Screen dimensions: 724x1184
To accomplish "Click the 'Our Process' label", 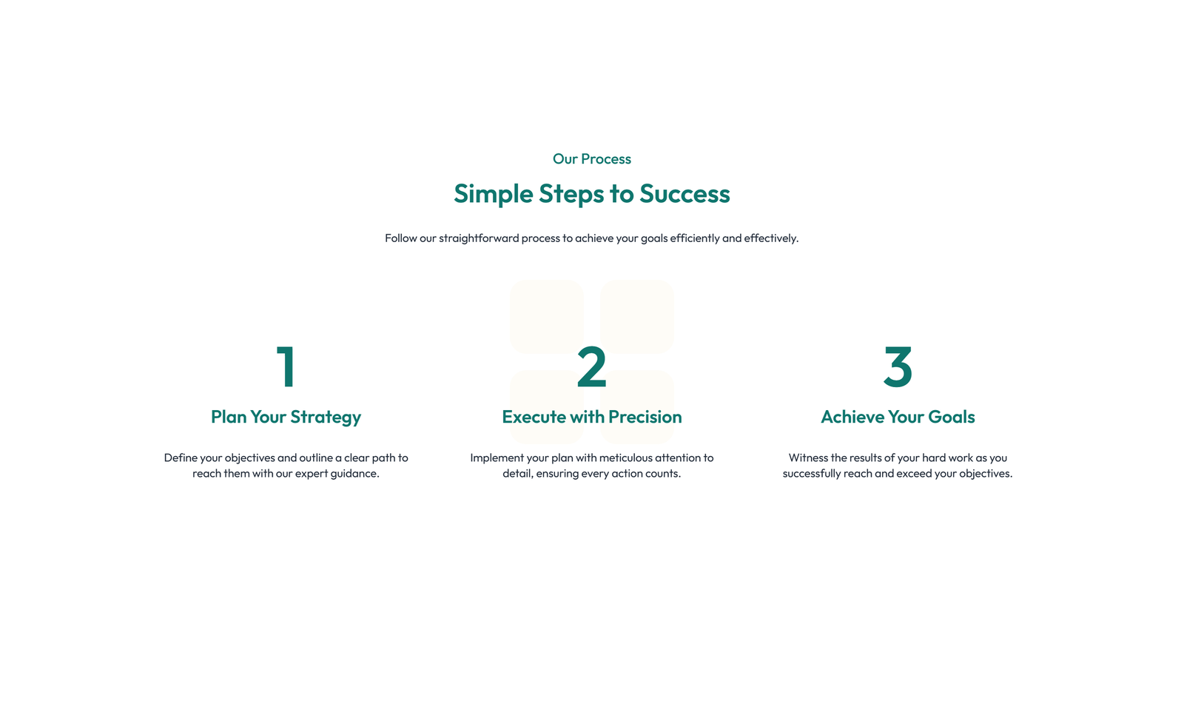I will (x=591, y=159).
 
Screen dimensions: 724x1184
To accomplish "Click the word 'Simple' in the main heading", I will (x=493, y=194).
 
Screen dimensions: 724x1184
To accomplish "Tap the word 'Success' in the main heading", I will (x=684, y=194).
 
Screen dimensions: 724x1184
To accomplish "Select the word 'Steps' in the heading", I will (x=571, y=194).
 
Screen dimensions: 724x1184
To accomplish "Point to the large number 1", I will (x=286, y=367).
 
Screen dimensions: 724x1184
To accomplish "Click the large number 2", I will (x=591, y=367).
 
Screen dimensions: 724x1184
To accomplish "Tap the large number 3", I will (x=898, y=367).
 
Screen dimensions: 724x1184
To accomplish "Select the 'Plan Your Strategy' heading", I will (x=286, y=417).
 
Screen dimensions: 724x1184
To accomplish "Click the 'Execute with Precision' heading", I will (x=591, y=417).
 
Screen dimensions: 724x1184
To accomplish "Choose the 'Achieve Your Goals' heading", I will (x=898, y=417).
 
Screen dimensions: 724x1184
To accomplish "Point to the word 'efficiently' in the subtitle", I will (x=694, y=238).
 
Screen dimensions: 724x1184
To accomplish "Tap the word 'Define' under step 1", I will (x=181, y=458).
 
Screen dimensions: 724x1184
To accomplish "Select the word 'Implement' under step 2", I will (x=497, y=458).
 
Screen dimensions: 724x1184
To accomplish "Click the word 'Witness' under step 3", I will (x=808, y=458).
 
